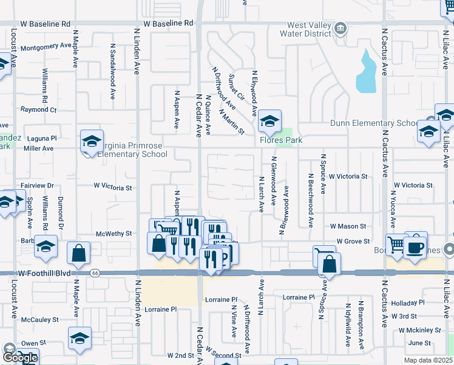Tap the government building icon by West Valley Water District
click(x=340, y=27)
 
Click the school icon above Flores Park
click(x=269, y=122)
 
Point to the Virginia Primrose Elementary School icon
click(x=92, y=142)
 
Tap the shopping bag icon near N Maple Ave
click(x=79, y=252)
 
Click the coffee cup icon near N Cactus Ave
click(x=416, y=246)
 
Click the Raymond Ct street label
click(x=38, y=110)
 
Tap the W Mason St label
click(x=348, y=226)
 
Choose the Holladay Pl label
click(x=408, y=303)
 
